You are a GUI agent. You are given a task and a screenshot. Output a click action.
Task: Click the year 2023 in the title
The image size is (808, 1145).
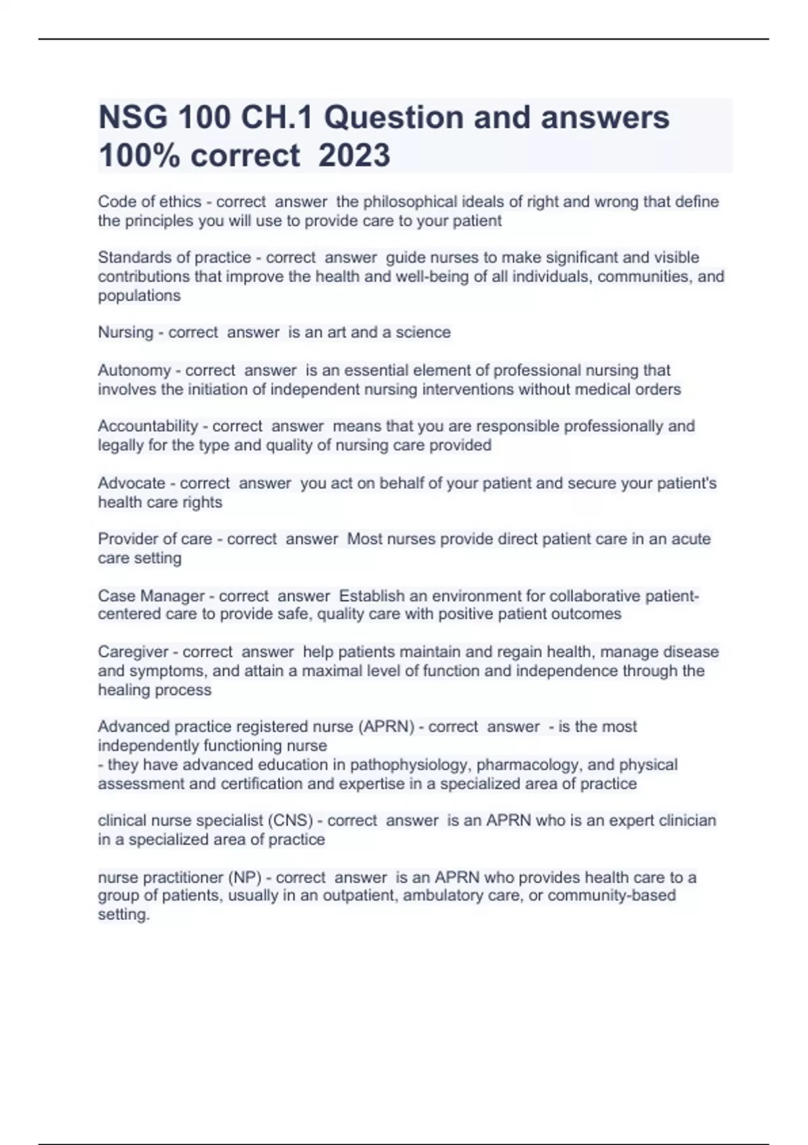click(354, 155)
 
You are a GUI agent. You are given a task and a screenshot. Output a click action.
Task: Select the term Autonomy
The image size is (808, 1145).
click(134, 370)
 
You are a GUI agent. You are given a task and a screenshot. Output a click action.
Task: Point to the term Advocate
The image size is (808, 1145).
click(131, 483)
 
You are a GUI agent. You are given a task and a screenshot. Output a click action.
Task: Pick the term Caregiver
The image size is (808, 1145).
click(133, 652)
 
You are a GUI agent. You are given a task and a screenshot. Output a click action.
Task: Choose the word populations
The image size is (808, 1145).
click(139, 296)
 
